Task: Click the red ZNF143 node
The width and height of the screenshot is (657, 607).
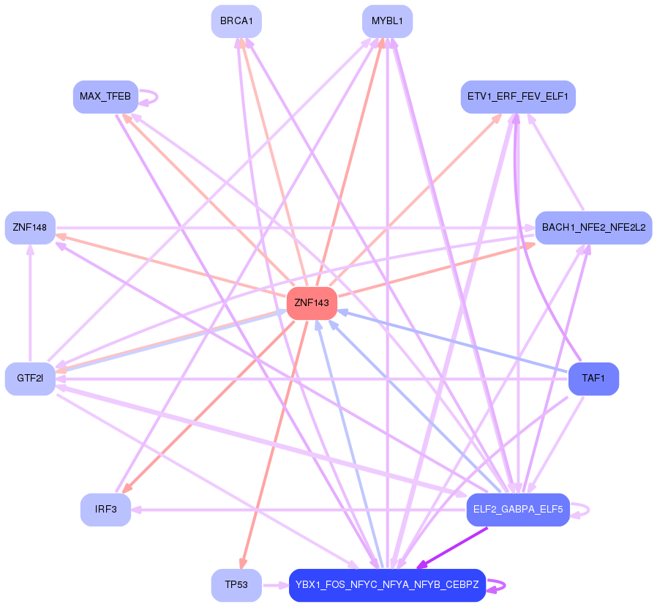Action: tap(312, 303)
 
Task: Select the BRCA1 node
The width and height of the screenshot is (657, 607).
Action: tap(236, 21)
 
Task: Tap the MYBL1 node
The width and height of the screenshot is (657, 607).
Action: tap(387, 21)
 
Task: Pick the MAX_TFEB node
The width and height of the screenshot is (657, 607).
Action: tap(105, 97)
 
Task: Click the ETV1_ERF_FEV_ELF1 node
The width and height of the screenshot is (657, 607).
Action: tap(518, 97)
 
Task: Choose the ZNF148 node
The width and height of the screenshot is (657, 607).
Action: tap(30, 228)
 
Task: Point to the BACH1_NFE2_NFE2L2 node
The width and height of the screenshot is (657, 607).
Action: tap(593, 228)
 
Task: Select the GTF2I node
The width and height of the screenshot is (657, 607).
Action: tap(30, 379)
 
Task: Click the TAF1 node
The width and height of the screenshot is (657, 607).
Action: tap(593, 379)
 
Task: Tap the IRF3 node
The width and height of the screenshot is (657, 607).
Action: tap(105, 510)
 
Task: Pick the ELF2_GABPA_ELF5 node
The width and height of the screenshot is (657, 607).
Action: tap(518, 510)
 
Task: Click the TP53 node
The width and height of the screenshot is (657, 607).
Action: tap(236, 585)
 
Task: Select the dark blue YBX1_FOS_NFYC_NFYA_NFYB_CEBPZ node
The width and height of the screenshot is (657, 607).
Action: tap(387, 585)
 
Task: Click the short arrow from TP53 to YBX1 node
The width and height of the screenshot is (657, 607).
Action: tap(274, 585)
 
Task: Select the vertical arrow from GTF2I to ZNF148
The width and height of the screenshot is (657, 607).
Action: tap(30, 303)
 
